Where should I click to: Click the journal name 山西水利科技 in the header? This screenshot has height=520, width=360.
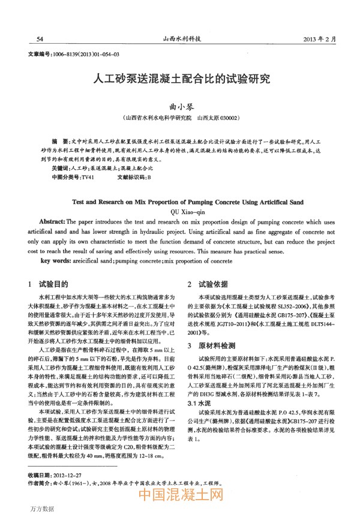coord(180,39)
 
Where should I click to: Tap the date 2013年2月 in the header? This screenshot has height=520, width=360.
coord(320,39)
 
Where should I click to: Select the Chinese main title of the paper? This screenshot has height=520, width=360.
coord(180,79)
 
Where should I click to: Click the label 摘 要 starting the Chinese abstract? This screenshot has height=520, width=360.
coord(59,139)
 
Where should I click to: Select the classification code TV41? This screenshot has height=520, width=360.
coord(88,178)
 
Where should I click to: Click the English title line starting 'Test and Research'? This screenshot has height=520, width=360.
coord(180,203)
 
